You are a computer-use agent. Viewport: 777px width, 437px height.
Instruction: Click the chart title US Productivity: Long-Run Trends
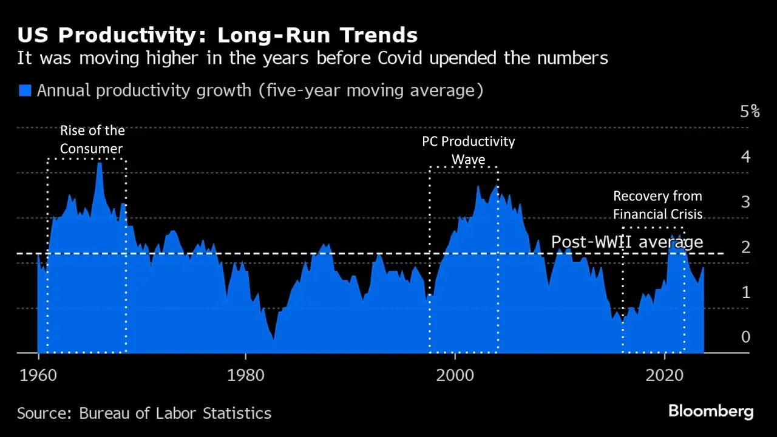tap(217, 35)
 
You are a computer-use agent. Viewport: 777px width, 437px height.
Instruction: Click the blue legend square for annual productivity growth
tap(25, 91)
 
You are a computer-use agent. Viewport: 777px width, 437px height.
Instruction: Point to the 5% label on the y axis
tap(750, 112)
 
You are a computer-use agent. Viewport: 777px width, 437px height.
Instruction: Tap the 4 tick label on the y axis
tap(745, 157)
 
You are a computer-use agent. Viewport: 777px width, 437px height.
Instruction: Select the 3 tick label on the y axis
tap(745, 202)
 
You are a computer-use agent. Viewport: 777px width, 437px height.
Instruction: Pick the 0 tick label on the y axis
tap(745, 337)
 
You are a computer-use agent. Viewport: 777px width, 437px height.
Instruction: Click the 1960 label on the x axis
tap(38, 375)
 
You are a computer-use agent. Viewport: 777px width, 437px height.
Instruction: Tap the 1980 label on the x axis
tap(245, 375)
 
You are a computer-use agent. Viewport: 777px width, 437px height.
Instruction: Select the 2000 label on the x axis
tap(455, 375)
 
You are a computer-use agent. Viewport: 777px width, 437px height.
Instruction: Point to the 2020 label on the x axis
tap(665, 375)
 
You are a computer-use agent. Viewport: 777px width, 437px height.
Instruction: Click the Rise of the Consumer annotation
tap(92, 140)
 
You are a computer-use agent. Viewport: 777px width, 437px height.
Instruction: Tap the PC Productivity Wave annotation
tap(468, 151)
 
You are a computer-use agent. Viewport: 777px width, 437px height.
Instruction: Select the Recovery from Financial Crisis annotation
tap(657, 205)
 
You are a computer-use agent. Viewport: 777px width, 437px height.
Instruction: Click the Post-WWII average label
tap(626, 242)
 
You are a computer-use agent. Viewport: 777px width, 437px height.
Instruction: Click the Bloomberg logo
tap(710, 412)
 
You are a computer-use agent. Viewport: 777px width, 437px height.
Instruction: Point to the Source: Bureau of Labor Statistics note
tap(144, 414)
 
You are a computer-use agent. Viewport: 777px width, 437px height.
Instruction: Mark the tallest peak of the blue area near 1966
tap(100, 164)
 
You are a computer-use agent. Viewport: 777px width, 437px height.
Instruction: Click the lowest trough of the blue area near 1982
tap(274, 339)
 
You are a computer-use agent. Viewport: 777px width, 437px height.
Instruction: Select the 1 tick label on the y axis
tap(745, 292)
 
